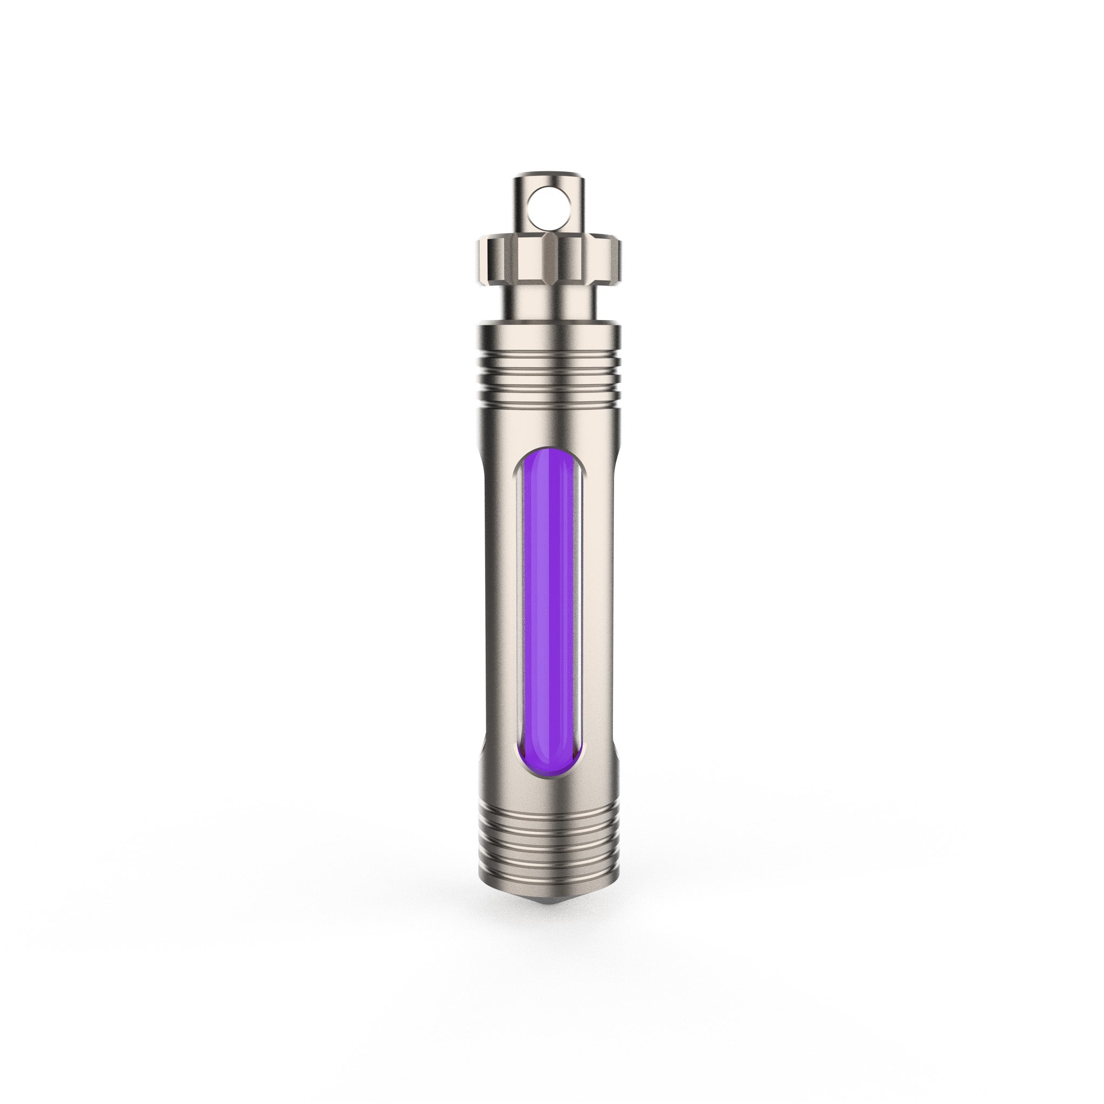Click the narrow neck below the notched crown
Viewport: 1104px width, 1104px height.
pyautogui.click(x=550, y=303)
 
